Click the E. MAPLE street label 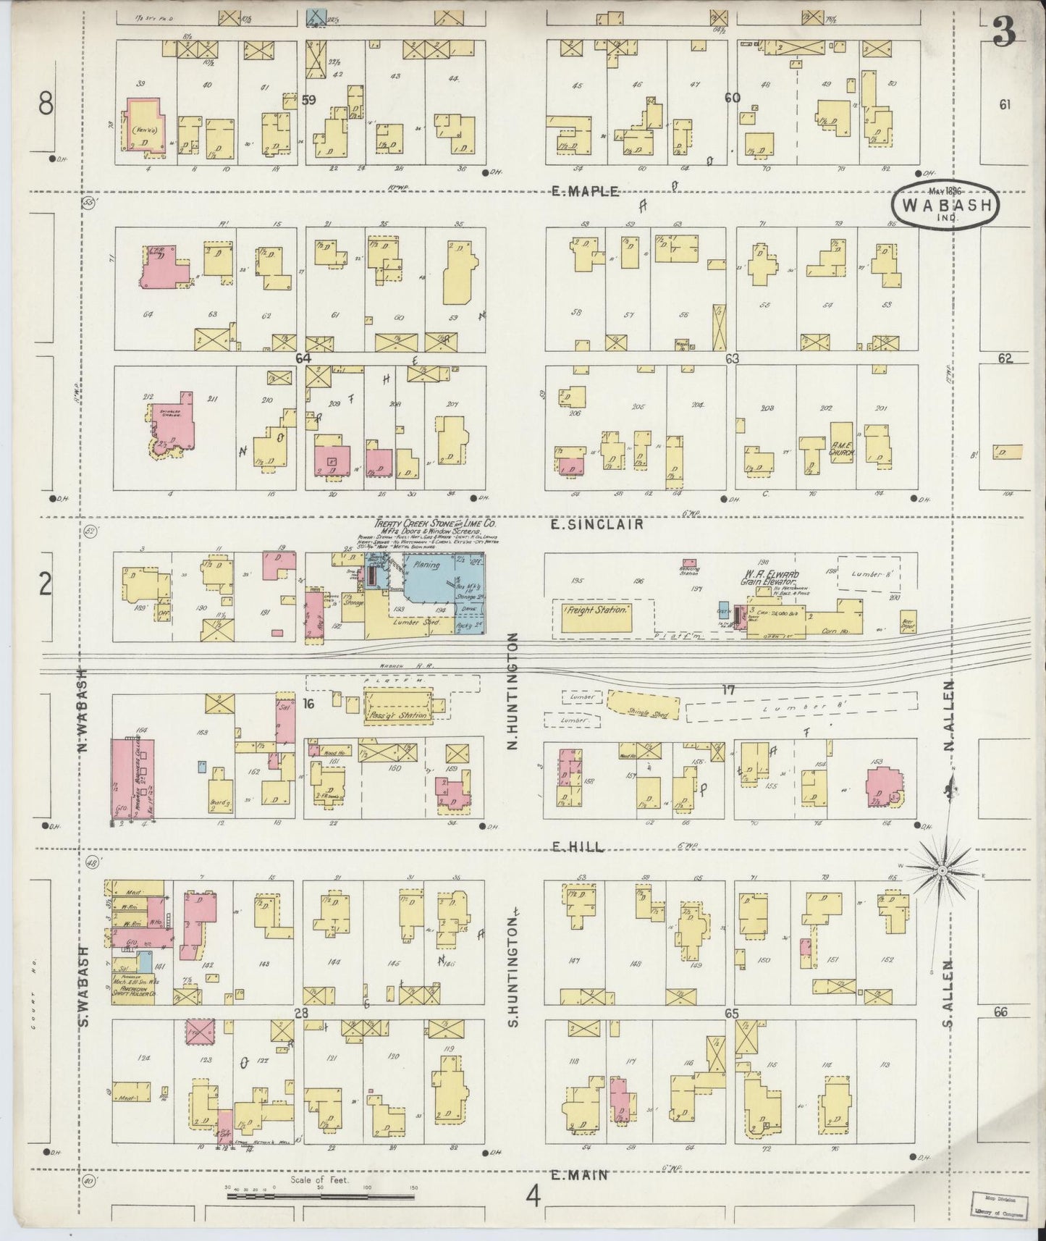tap(585, 192)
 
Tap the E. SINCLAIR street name tap(597, 524)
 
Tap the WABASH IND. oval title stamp tap(946, 206)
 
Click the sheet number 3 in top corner tap(1003, 31)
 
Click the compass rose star tap(942, 869)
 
